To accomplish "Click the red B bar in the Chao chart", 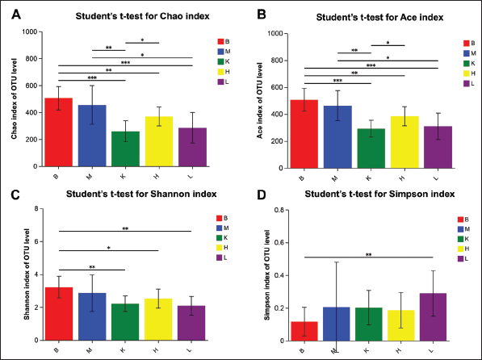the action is coord(58,132).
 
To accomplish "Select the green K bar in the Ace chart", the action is coord(371,149).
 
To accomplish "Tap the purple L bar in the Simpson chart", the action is coord(433,317).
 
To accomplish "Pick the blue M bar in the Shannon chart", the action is coord(92,316).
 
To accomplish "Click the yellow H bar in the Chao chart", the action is coord(159,141).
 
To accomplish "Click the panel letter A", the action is coord(16,15).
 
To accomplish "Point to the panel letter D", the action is coord(261,195).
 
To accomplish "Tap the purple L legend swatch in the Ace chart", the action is coord(467,84).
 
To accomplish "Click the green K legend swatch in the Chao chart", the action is coord(220,61).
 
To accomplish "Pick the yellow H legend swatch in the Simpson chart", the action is coord(460,249).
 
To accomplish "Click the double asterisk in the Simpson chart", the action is coord(369,255).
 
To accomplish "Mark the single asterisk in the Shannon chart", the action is coord(109,248).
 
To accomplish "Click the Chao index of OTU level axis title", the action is coord(15,98).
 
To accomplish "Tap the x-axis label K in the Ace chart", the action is coord(369,178).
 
